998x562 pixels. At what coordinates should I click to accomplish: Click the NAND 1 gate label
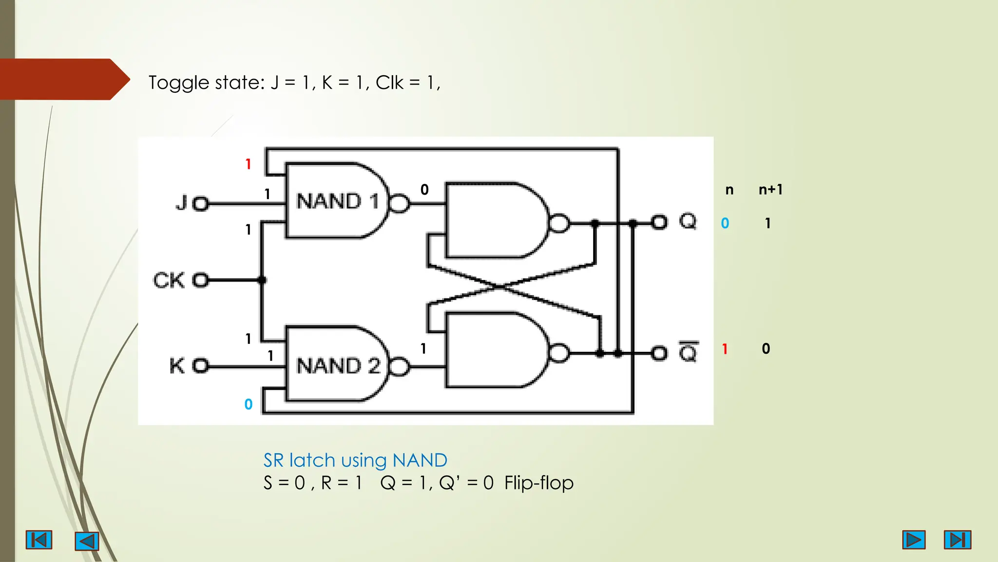pyautogui.click(x=337, y=201)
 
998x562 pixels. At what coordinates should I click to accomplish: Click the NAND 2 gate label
pyautogui.click(x=338, y=366)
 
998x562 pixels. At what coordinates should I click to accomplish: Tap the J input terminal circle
pyautogui.click(x=200, y=204)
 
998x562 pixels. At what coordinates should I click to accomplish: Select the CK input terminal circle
pyautogui.click(x=200, y=280)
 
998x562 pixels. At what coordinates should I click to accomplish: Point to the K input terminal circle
pyautogui.click(x=200, y=366)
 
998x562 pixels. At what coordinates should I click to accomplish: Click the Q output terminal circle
pyautogui.click(x=659, y=223)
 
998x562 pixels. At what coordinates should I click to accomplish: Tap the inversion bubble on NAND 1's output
pyautogui.click(x=400, y=203)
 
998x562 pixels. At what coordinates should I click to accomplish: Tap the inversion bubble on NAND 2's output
pyautogui.click(x=400, y=367)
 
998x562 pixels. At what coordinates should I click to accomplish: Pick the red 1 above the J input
pyautogui.click(x=248, y=164)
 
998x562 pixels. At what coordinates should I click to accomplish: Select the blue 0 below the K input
pyautogui.click(x=249, y=404)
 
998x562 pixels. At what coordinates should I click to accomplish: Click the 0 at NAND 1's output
pyautogui.click(x=424, y=190)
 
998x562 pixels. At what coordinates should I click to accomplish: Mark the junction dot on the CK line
pyautogui.click(x=262, y=280)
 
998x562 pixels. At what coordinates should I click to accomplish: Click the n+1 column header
pyautogui.click(x=770, y=190)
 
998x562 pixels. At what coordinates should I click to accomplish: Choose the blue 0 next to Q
pyautogui.click(x=725, y=223)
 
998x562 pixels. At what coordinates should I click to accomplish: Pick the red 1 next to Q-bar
pyautogui.click(x=725, y=349)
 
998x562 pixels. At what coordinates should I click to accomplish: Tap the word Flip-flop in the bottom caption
pyautogui.click(x=538, y=483)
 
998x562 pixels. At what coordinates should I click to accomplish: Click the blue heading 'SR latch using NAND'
pyautogui.click(x=355, y=460)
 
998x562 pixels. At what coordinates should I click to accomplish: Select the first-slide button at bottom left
pyautogui.click(x=39, y=540)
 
